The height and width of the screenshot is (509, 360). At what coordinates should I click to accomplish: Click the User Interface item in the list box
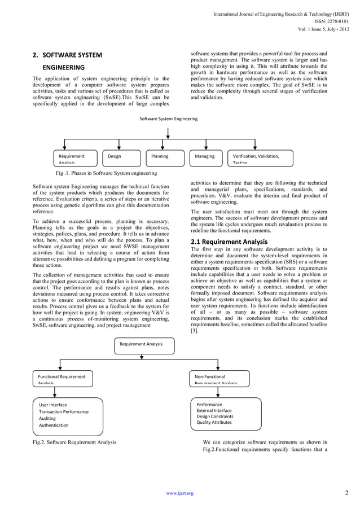click(53, 405)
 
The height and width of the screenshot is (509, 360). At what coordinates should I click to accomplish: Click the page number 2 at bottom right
click(346, 493)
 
